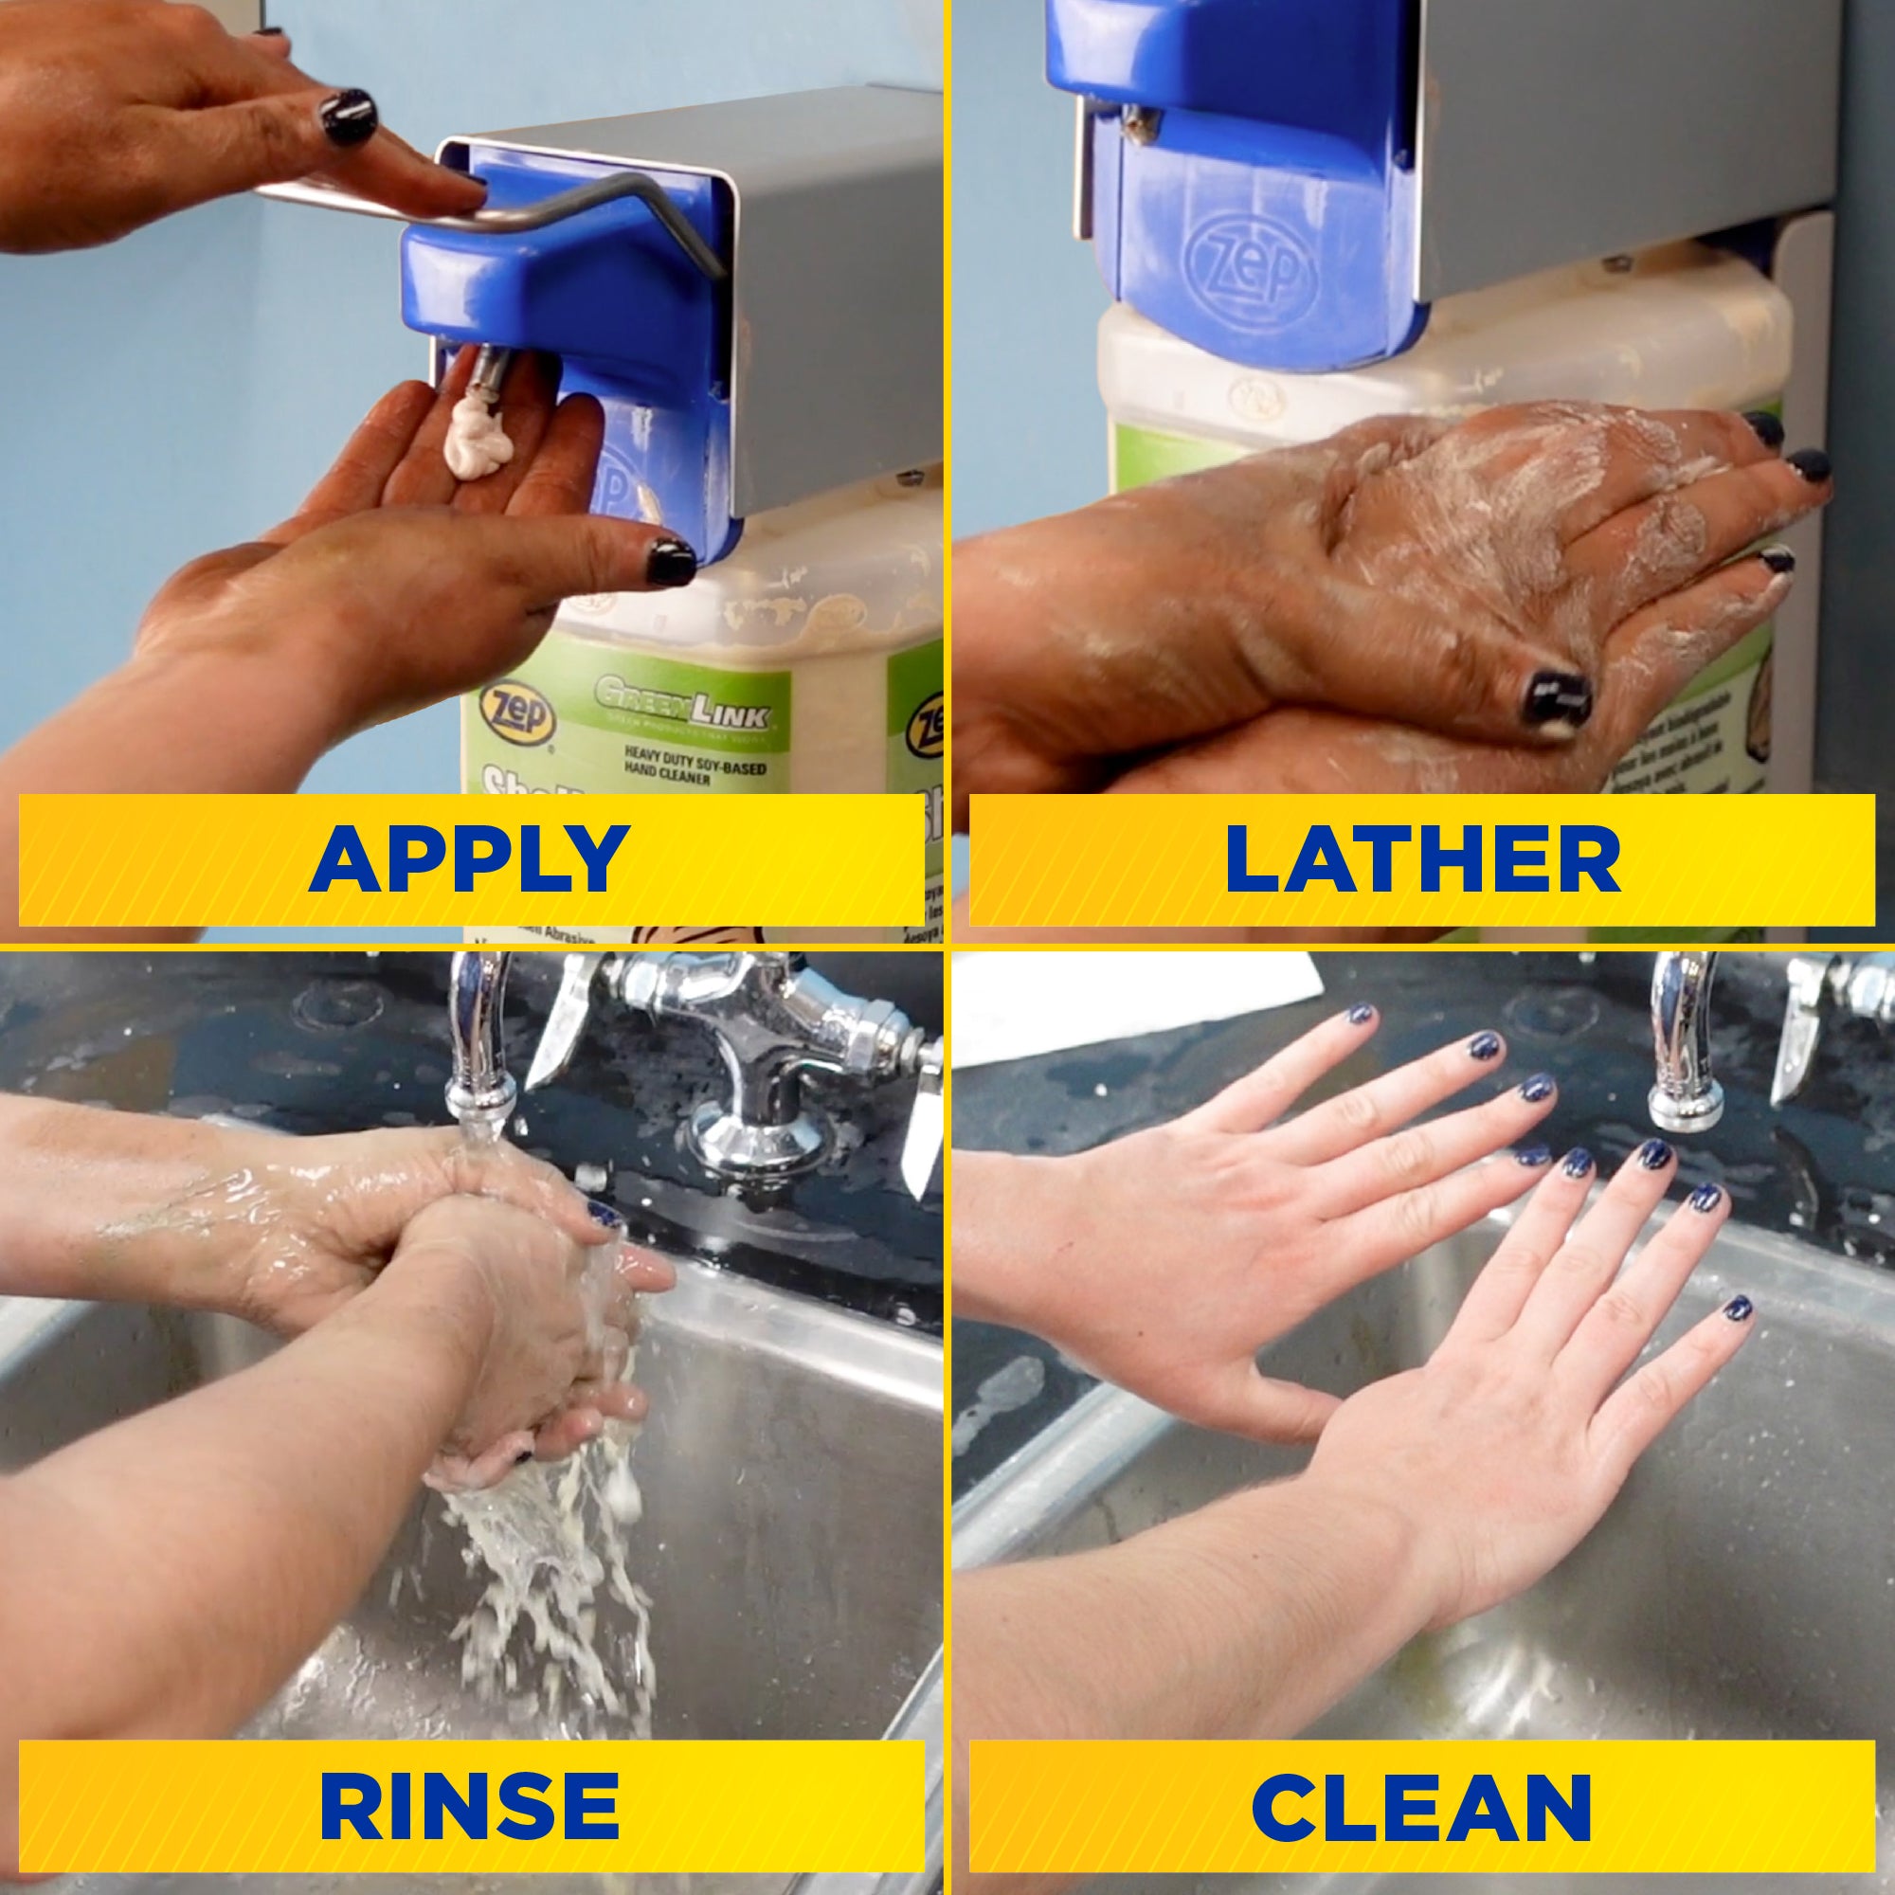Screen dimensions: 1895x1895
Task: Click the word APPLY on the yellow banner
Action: click(x=469, y=858)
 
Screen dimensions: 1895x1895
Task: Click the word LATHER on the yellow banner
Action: click(x=1421, y=858)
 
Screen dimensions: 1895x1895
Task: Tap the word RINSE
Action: click(x=469, y=1805)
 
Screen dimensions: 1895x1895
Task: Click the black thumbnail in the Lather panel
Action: click(x=1556, y=697)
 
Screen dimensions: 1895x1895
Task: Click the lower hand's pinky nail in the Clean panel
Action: click(x=1737, y=1308)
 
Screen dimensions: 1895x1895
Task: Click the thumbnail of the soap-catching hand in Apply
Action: click(x=670, y=562)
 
